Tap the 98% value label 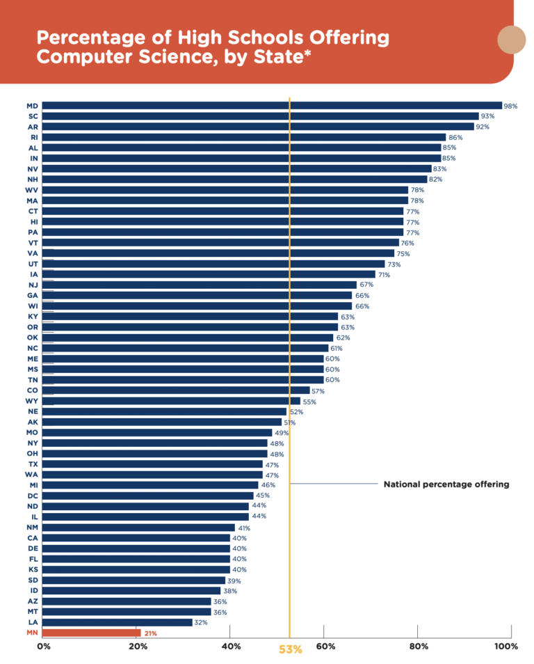pyautogui.click(x=511, y=106)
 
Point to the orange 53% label pyautogui.click(x=290, y=649)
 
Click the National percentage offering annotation pyautogui.click(x=446, y=484)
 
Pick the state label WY pyautogui.click(x=32, y=401)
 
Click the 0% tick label pyautogui.click(x=44, y=647)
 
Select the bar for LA pyautogui.click(x=118, y=622)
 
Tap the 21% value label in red pyautogui.click(x=150, y=633)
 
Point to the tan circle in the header pyautogui.click(x=512, y=39)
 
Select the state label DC pyautogui.click(x=32, y=496)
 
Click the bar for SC pyautogui.click(x=261, y=116)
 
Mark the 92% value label pyautogui.click(x=483, y=127)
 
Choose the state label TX pyautogui.click(x=32, y=464)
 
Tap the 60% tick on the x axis pyautogui.click(x=325, y=647)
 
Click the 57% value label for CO pyautogui.click(x=318, y=391)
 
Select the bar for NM pyautogui.click(x=139, y=528)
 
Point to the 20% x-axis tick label pyautogui.click(x=138, y=647)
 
